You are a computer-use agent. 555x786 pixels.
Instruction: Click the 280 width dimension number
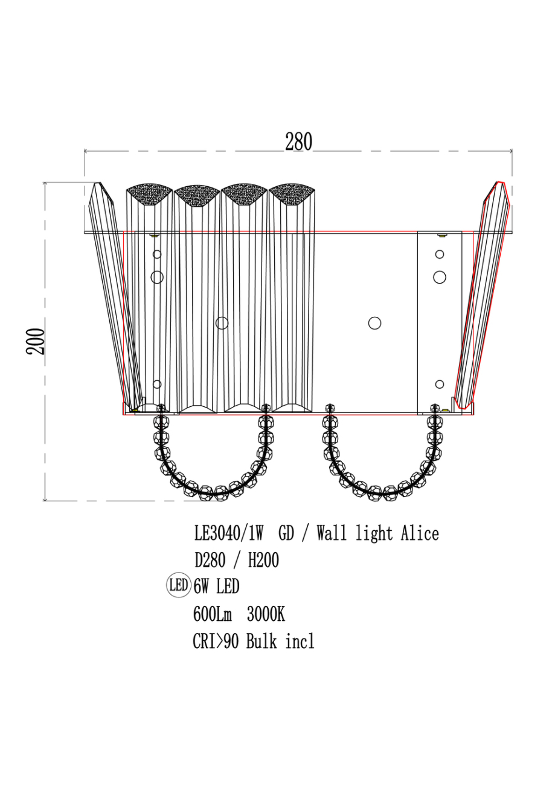coord(298,141)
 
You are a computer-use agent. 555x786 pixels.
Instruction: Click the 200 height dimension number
coord(36,342)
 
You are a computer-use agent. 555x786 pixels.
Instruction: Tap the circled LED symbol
coord(179,586)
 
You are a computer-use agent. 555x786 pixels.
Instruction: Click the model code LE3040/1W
coord(228,534)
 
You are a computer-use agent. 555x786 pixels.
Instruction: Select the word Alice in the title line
coord(420,533)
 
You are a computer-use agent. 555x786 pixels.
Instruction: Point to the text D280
coord(210,560)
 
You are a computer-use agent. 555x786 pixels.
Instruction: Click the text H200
coord(263,560)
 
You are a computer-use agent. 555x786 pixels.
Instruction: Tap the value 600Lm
coord(213,614)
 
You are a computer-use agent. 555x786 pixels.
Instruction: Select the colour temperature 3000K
coord(266,614)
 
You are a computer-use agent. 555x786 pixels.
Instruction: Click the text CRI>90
coord(216,641)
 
